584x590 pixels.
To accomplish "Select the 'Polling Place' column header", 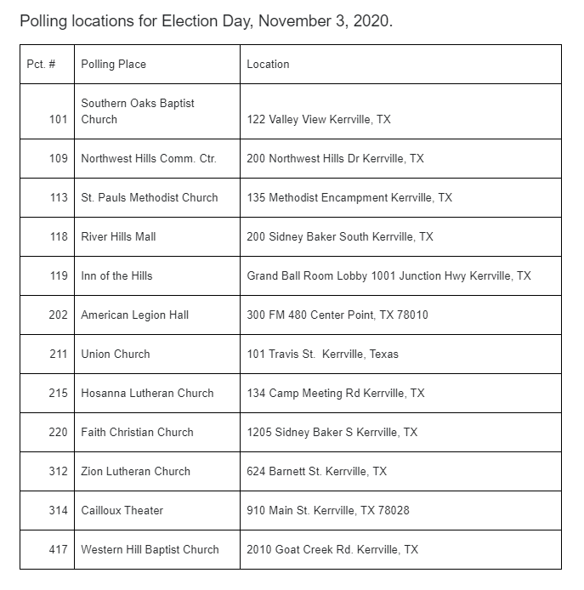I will point(113,65).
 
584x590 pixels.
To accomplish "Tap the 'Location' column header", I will point(268,65).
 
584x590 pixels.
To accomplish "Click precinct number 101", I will point(58,120).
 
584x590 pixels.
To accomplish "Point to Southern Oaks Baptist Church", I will point(138,111).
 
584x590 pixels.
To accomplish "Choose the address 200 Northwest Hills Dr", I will point(335,159).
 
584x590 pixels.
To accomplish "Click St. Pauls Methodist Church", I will point(150,198).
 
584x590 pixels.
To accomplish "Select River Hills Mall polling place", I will point(118,237).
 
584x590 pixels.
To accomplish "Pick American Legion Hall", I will point(134,315).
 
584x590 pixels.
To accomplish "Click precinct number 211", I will point(58,355).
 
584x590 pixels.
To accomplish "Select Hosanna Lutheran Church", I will point(147,394).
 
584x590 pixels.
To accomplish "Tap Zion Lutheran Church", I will point(135,472).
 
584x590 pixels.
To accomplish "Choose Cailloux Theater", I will point(122,511).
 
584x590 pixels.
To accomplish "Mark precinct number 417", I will point(58,550).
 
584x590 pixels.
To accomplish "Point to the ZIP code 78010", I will point(411,315).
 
